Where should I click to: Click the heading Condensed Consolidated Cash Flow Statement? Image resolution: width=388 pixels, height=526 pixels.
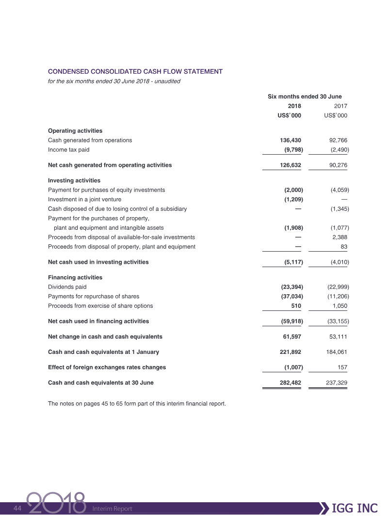[135, 71]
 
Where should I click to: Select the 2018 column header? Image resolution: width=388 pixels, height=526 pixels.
[294, 106]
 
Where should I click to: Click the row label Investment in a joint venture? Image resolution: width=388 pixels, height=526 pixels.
[85, 199]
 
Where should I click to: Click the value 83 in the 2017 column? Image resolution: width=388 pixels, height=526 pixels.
[343, 247]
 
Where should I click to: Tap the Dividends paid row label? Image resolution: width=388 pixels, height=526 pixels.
[67, 287]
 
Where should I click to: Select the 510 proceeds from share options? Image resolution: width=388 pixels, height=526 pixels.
[296, 306]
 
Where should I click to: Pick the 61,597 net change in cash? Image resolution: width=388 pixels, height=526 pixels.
[292, 336]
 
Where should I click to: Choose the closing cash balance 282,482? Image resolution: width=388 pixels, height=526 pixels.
[291, 383]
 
